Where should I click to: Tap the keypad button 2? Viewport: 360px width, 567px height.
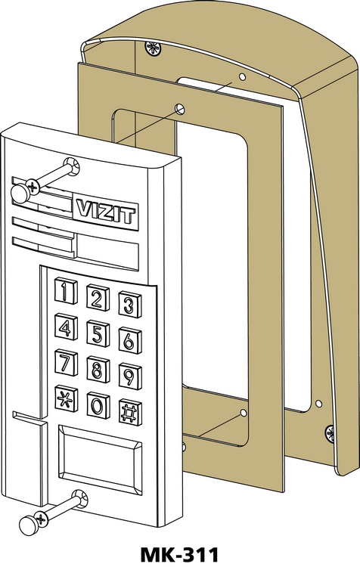[x=98, y=298]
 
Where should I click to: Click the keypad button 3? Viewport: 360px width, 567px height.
[x=130, y=305]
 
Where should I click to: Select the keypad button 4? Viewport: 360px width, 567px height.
[x=67, y=327]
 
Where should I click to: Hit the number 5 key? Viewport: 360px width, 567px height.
[x=98, y=333]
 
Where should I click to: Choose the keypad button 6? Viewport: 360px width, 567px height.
[x=130, y=340]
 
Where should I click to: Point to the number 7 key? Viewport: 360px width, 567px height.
[x=67, y=363]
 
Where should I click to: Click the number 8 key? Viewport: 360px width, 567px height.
[x=98, y=369]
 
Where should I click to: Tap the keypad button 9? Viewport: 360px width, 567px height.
[x=130, y=376]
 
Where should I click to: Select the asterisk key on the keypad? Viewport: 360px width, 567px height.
[x=67, y=399]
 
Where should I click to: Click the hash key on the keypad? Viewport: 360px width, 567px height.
[x=130, y=412]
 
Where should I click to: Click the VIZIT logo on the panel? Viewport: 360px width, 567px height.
[x=106, y=211]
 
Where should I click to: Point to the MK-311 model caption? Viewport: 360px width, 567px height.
[x=179, y=555]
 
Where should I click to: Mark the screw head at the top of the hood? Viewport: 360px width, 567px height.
[x=153, y=48]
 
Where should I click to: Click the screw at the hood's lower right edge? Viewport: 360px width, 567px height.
[x=331, y=434]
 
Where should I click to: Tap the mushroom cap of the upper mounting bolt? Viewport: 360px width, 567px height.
[x=20, y=193]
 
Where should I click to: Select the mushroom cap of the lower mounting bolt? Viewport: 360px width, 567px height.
[x=29, y=525]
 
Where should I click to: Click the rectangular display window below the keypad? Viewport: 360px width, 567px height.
[x=100, y=460]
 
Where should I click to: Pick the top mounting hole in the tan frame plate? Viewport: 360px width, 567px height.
[x=180, y=108]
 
